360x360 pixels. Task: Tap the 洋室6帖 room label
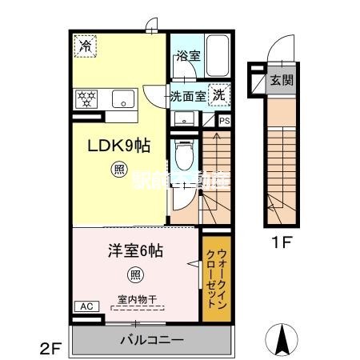coord(135,250)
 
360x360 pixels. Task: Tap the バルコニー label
coord(153,339)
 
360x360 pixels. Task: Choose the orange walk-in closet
coord(217,278)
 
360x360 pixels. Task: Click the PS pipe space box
coord(225,122)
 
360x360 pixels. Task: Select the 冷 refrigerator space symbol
coord(86,47)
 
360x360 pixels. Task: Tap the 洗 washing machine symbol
coord(218,94)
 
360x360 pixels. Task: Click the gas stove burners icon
coord(85,98)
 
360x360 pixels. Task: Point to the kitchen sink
coord(123,98)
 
